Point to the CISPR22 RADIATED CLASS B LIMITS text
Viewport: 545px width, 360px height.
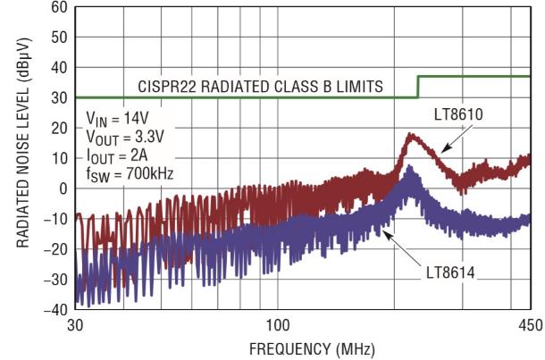click(261, 87)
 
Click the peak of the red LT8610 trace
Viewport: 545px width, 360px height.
click(410, 135)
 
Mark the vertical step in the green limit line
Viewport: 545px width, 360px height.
click(418, 87)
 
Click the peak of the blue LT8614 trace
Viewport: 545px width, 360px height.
click(410, 167)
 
